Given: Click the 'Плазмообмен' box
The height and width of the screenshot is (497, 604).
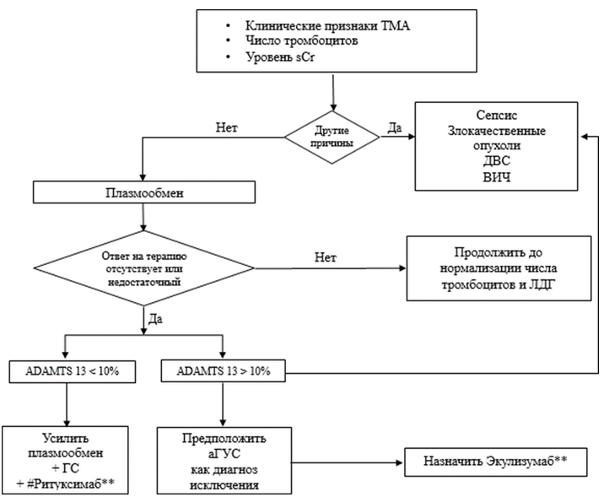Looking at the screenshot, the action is (x=144, y=192).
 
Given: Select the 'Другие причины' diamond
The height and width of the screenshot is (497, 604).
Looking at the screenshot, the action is (x=332, y=138).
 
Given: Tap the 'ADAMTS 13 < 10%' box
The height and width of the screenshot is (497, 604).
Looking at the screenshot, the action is (x=73, y=372).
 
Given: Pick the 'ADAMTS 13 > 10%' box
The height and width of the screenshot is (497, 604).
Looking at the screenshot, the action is (x=223, y=371).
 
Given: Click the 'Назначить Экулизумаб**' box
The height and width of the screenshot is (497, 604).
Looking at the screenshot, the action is (x=496, y=462).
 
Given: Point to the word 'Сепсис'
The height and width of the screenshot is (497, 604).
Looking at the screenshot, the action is (x=497, y=115).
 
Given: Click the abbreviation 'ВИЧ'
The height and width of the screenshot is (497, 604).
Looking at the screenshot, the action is (x=497, y=177).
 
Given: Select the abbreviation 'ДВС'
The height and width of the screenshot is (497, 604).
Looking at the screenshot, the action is (x=497, y=160).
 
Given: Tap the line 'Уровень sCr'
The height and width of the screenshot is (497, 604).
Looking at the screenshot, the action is (x=280, y=57).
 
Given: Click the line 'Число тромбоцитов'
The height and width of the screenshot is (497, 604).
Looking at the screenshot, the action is (x=302, y=41).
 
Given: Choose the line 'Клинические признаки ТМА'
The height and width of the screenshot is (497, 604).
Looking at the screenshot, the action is (x=328, y=25).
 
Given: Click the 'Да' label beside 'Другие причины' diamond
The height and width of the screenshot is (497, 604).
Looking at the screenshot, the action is (x=394, y=127).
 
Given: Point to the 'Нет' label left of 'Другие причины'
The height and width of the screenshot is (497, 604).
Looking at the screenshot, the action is (x=226, y=127).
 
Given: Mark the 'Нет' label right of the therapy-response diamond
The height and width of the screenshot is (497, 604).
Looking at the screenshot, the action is (x=326, y=257).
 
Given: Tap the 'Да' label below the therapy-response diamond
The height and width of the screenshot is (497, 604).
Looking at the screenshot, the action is (x=155, y=319).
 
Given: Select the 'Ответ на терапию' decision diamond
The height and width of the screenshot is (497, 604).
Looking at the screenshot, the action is (x=144, y=268).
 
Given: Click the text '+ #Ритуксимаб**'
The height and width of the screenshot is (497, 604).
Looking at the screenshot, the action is (x=66, y=483).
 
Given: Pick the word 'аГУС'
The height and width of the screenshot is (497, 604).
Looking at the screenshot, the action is (x=224, y=453).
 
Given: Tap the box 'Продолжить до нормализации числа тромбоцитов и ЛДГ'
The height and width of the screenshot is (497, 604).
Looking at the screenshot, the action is (x=499, y=268).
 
